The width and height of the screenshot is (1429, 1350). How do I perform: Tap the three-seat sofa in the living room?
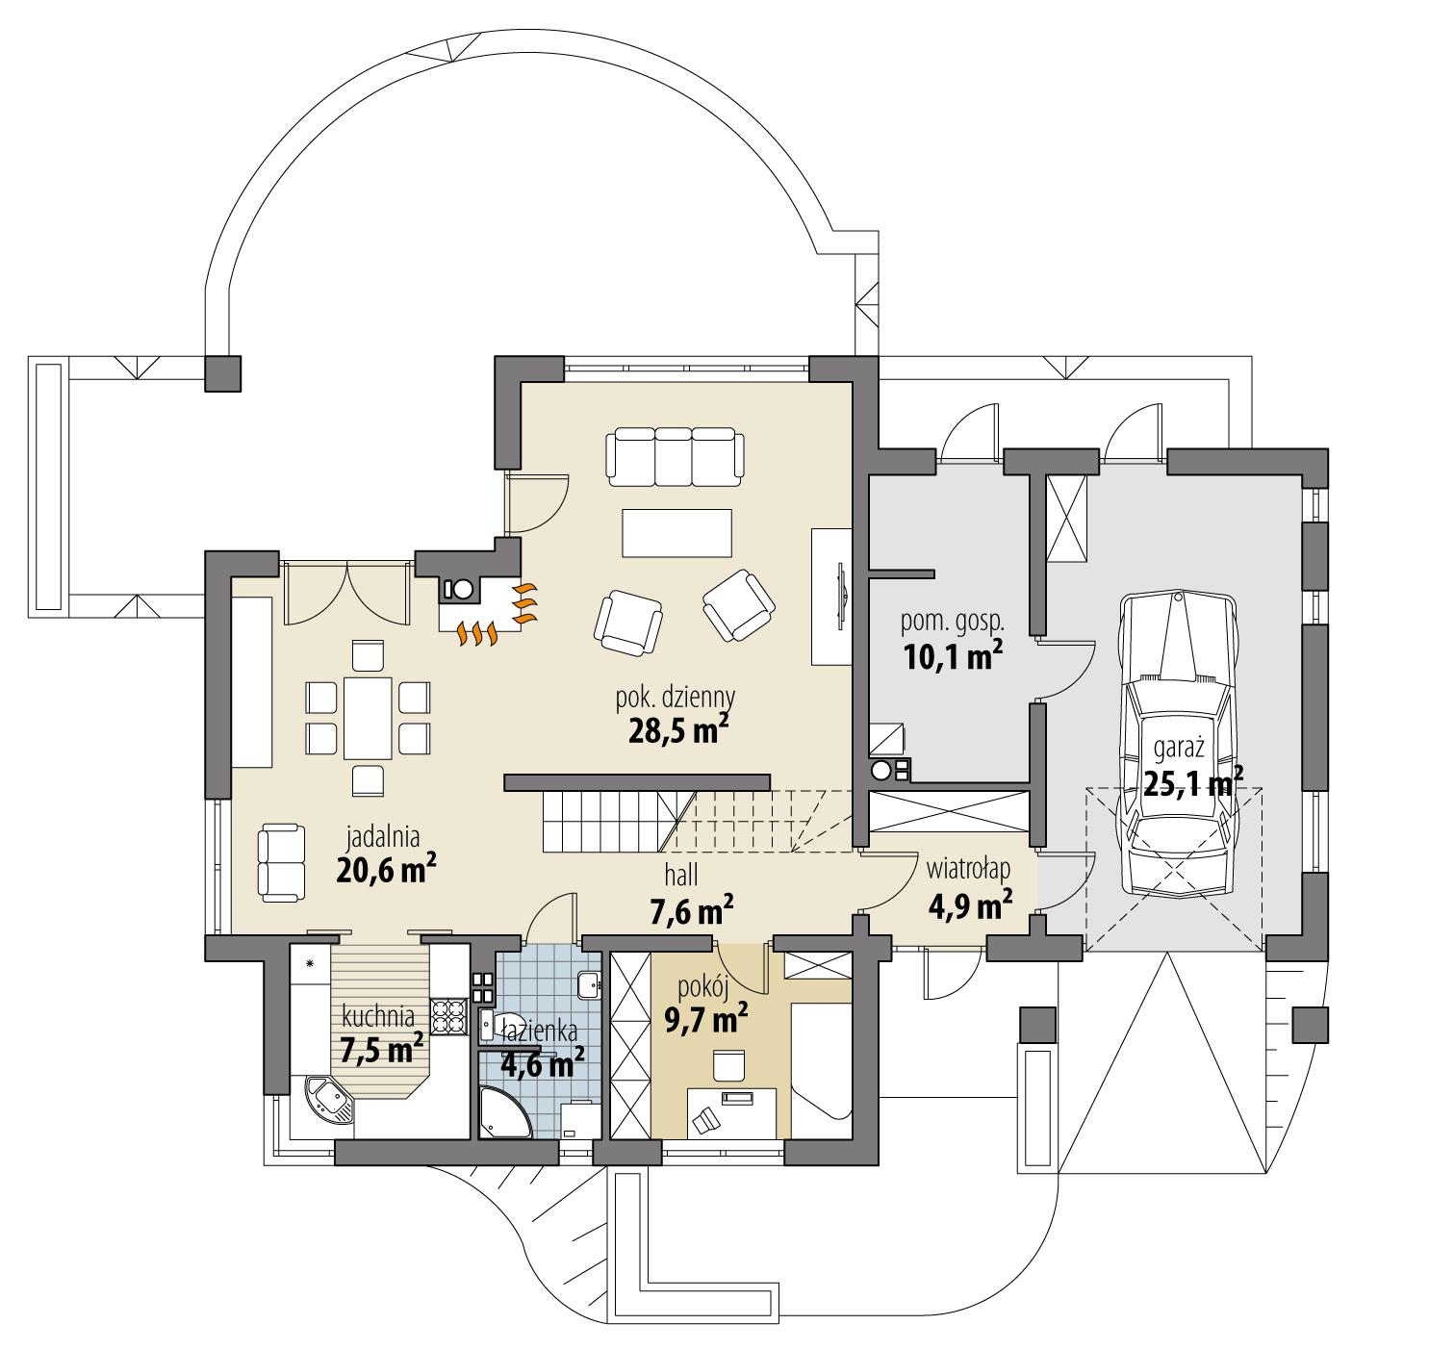click(676, 456)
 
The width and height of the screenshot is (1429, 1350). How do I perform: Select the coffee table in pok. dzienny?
click(676, 532)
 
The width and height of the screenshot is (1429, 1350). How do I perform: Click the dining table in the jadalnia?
click(368, 717)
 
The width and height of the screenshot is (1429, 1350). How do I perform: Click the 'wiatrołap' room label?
click(968, 869)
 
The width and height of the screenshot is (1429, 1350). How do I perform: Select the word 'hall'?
click(679, 875)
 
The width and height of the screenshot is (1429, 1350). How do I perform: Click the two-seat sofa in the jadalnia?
click(281, 862)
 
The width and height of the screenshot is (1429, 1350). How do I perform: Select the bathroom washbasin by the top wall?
click(589, 986)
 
